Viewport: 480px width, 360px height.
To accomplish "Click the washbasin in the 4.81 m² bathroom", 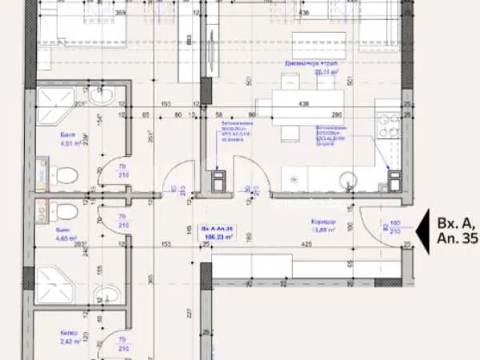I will (102, 97).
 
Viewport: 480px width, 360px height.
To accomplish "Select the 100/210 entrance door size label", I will (394, 227).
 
